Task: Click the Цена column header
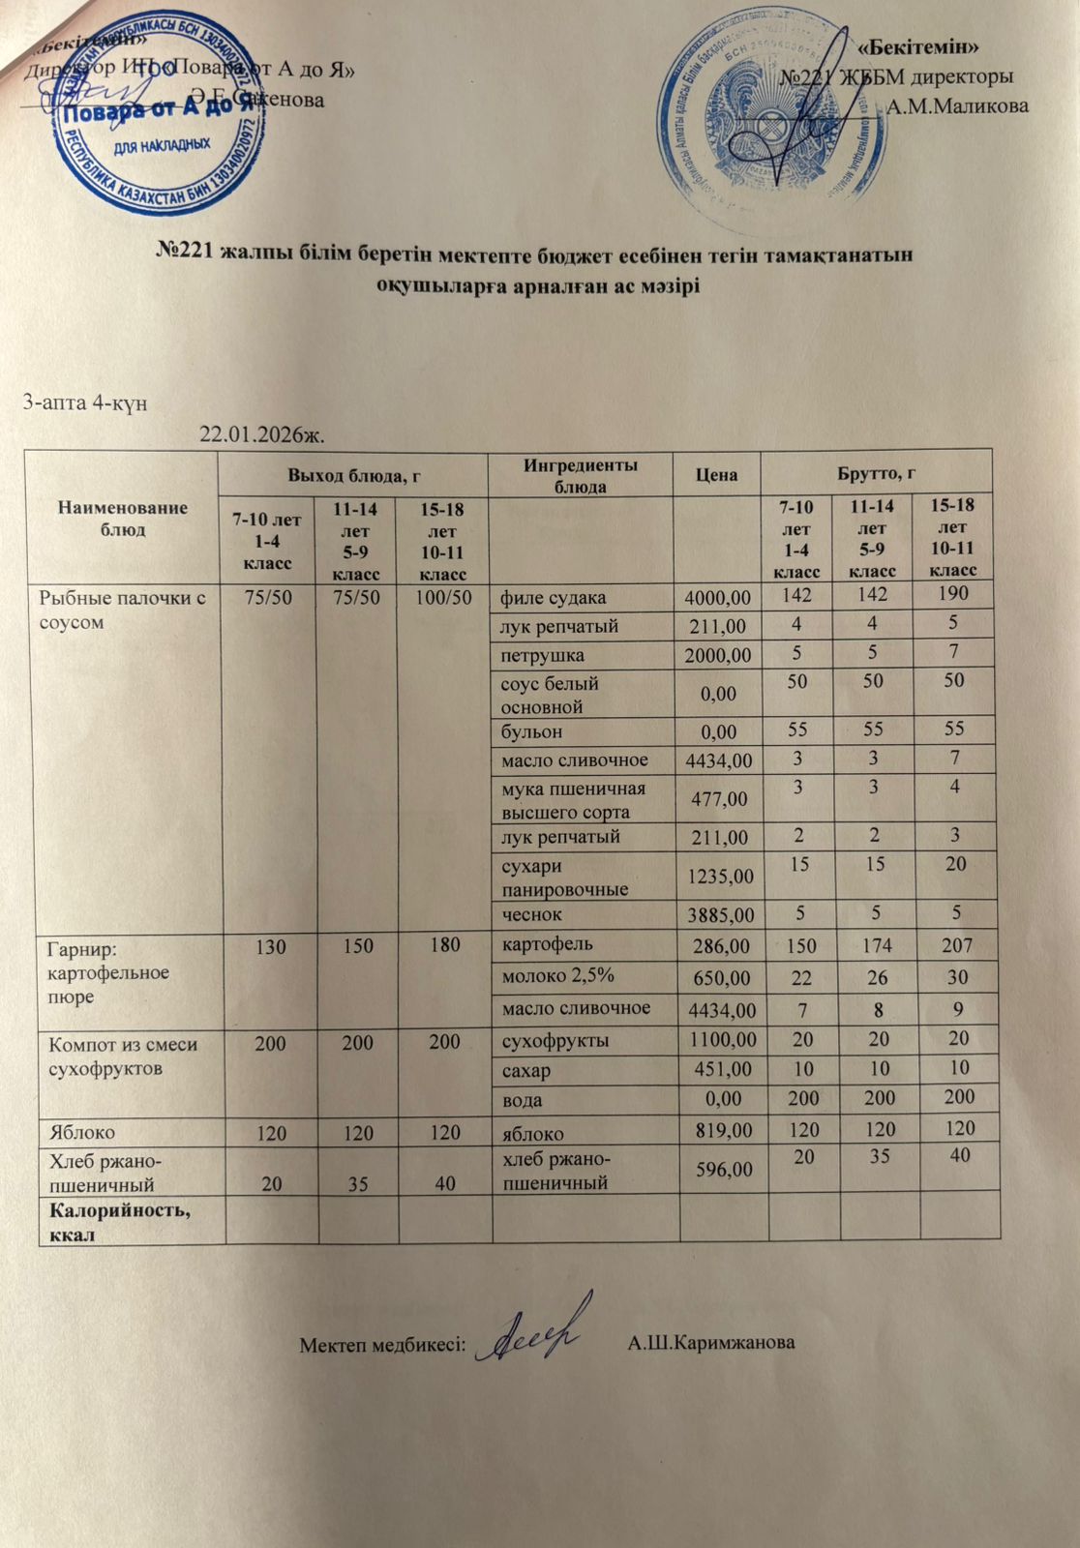click(716, 474)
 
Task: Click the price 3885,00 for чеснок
click(717, 914)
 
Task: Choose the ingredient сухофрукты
click(554, 1041)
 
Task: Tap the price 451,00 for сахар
click(723, 1069)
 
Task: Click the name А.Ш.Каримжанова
click(711, 1343)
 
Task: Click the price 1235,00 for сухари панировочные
click(717, 877)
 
